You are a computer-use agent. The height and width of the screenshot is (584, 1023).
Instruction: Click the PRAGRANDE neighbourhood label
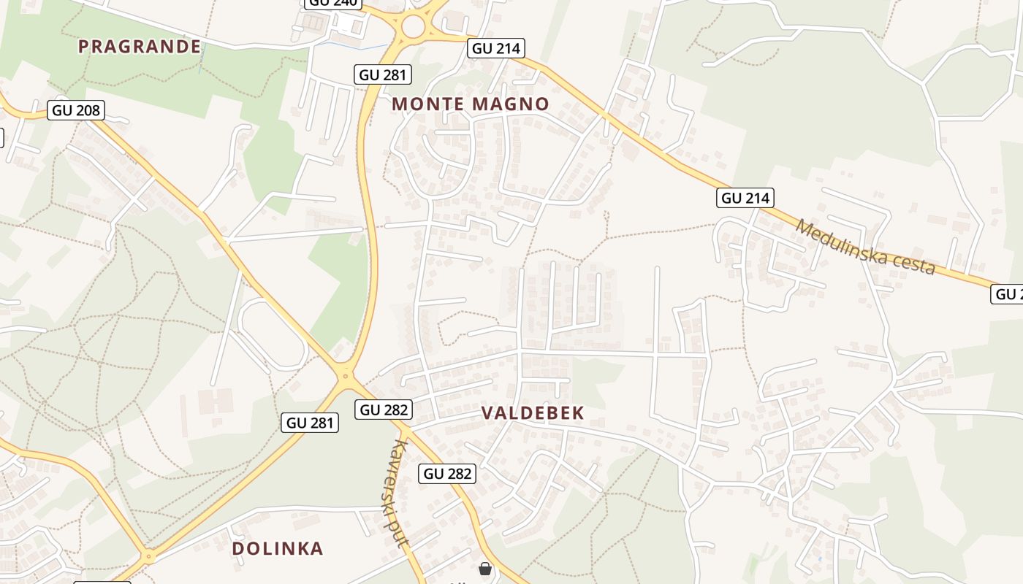139,47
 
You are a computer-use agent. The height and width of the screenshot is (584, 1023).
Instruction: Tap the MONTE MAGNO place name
470,104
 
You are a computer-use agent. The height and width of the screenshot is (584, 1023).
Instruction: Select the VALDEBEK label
533,413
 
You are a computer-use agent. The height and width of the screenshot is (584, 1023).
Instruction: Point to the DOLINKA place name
277,549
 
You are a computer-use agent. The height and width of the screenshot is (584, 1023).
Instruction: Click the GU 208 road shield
77,110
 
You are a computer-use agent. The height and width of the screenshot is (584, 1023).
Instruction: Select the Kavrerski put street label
398,493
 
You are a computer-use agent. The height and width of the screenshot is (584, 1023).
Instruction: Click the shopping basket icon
485,568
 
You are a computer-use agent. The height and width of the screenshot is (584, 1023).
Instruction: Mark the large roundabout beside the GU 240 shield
413,28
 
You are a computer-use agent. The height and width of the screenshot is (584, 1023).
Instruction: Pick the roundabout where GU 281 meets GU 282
346,377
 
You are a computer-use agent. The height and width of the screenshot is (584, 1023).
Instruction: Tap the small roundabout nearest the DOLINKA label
149,556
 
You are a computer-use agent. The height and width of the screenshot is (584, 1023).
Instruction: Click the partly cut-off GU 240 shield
333,3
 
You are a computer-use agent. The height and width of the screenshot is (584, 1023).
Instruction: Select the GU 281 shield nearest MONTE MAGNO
384,74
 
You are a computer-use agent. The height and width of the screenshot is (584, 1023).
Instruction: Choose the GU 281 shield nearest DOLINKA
310,422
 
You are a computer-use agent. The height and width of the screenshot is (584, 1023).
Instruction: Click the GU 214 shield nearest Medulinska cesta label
746,198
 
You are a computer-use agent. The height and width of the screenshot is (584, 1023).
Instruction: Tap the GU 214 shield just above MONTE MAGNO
496,48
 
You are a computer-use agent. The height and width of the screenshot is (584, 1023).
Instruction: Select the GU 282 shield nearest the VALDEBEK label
384,410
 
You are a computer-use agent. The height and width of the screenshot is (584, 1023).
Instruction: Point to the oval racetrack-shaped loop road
273,333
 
